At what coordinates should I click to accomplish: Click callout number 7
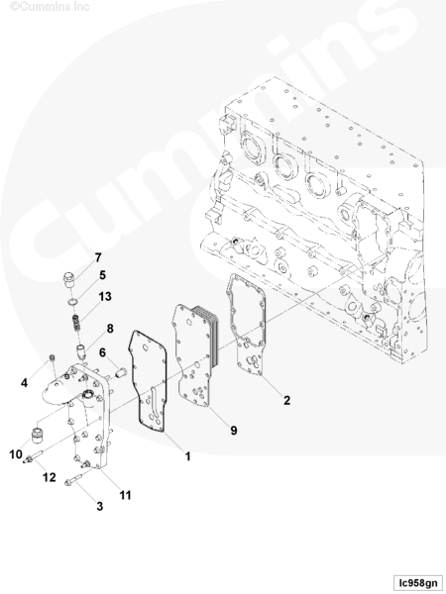98,257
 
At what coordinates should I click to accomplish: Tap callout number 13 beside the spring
105,296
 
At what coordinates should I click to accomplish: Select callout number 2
286,400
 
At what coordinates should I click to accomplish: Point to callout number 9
234,430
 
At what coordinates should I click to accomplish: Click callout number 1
187,456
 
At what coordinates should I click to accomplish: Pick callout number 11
125,495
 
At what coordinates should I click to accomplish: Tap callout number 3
99,506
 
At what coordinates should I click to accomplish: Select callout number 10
16,453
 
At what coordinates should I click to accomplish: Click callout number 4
24,383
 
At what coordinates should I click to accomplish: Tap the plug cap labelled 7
68,279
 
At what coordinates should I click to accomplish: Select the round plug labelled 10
37,435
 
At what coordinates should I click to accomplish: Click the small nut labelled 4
53,357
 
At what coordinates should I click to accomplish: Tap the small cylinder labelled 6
121,372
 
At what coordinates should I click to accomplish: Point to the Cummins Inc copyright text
50,7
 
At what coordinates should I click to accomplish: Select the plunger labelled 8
82,350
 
